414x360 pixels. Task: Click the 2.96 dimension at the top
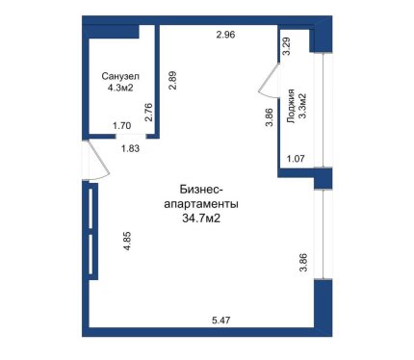click(225, 35)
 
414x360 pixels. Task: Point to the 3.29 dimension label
click(286, 47)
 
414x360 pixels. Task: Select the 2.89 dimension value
click(172, 81)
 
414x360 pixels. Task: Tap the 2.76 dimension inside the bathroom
click(148, 112)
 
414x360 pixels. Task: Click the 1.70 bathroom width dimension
click(122, 126)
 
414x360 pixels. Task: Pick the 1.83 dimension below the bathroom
click(130, 148)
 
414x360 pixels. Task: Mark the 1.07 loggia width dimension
click(296, 159)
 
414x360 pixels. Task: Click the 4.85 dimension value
click(128, 241)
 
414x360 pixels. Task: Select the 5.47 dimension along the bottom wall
click(221, 321)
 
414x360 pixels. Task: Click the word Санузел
click(120, 77)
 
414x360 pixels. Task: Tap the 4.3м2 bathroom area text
click(120, 88)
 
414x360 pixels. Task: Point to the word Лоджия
click(291, 106)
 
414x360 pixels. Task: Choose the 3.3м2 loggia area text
click(302, 106)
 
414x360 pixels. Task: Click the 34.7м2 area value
click(201, 219)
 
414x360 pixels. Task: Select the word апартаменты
click(201, 204)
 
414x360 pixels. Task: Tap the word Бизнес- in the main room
click(201, 190)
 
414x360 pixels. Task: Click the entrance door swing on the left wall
click(100, 159)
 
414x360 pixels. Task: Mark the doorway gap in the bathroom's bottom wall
click(131, 136)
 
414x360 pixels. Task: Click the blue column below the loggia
click(323, 178)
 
